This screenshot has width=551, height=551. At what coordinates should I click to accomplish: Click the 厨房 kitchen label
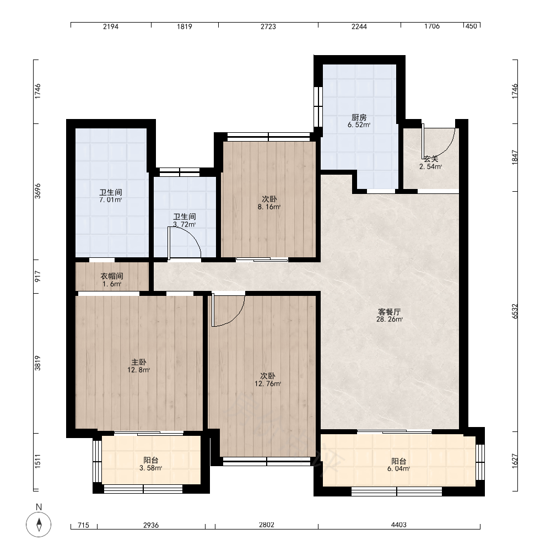[x=359, y=117]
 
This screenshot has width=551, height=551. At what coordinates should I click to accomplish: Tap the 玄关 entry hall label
[x=431, y=159]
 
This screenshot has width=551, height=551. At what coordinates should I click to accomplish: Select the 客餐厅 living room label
[x=390, y=312]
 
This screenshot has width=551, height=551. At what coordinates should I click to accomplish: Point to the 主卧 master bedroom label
[x=139, y=362]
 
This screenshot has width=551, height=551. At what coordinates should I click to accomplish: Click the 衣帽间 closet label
[x=112, y=276]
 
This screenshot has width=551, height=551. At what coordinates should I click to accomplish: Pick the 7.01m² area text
[x=111, y=200]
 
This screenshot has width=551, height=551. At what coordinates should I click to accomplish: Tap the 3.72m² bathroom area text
[x=185, y=224]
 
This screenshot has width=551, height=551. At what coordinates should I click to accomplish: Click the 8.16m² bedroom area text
[x=269, y=207]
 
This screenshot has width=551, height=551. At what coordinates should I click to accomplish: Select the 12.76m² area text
[x=268, y=383]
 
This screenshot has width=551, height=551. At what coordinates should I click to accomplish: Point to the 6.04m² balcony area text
[x=399, y=468]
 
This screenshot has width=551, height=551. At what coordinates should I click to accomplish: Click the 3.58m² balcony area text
[x=151, y=468]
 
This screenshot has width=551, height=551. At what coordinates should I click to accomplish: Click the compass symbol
[x=39, y=525]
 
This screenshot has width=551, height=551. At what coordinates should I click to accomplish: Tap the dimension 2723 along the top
[x=268, y=26]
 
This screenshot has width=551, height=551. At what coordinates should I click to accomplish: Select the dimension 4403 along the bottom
[x=399, y=525]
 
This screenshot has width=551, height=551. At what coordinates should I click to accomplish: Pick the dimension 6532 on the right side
[x=515, y=311]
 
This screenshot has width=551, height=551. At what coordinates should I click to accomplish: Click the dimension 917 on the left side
[x=37, y=277]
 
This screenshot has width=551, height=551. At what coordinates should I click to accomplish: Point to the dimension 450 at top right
[x=471, y=26]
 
